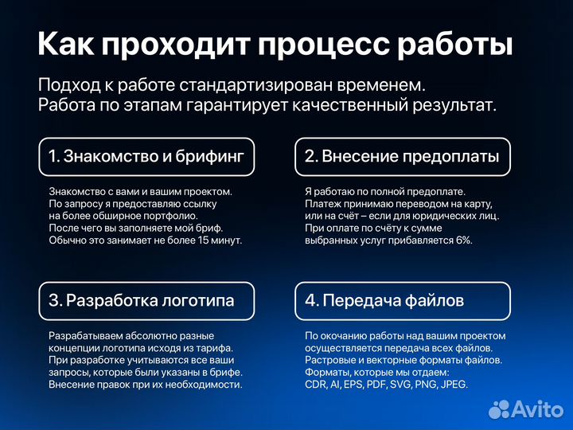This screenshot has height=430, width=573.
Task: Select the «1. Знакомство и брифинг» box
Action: click(x=146, y=157)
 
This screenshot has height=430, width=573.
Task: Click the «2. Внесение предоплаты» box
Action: click(x=403, y=157)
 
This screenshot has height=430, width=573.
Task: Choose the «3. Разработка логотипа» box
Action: click(x=146, y=301)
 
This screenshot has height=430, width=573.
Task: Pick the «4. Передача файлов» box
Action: click(x=403, y=301)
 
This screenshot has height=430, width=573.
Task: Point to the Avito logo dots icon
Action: click(x=499, y=408)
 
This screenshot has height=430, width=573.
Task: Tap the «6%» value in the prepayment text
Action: click(x=464, y=240)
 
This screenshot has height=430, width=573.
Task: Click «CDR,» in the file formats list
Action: click(x=317, y=384)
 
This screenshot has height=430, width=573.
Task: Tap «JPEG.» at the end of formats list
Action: click(x=454, y=384)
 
